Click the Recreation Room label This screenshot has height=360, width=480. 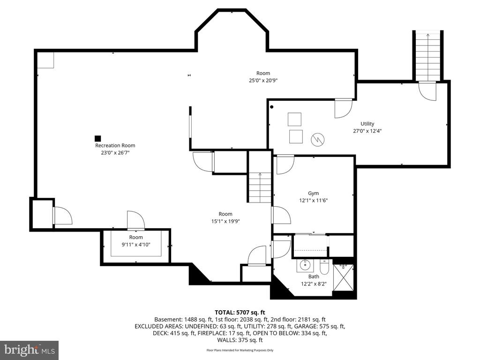click(115, 146)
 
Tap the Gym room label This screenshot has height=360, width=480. click(313, 194)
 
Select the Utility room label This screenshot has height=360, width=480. click(367, 124)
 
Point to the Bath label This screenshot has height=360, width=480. click(314, 277)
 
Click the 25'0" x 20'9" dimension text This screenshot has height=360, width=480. click(263, 81)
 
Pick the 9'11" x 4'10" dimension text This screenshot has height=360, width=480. click(136, 245)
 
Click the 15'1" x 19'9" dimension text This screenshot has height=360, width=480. click(225, 221)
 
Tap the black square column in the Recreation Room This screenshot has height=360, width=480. click(97, 138)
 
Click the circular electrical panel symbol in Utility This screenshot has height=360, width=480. click(317, 140)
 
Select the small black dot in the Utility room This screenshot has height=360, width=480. click(271, 107)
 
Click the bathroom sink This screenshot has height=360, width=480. click(305, 265)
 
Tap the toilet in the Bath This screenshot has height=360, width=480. click(324, 268)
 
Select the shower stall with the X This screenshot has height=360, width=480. click(343, 277)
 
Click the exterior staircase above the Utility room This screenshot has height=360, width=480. click(428, 56)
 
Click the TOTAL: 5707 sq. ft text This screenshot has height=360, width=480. click(240, 313)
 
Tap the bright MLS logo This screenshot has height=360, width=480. click(30, 350)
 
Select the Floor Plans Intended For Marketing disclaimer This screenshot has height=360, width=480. click(240, 350)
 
